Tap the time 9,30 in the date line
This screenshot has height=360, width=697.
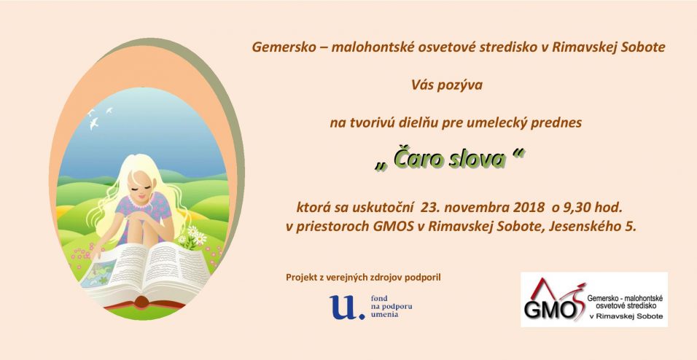coord(578,208)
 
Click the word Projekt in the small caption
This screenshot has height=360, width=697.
coord(301,278)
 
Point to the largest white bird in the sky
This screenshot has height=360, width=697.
coord(94,123)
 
